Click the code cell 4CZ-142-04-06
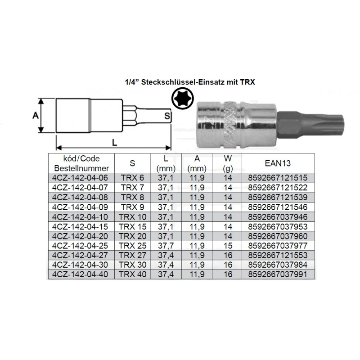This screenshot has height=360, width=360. click(80, 178)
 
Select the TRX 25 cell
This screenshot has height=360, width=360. click(132, 246)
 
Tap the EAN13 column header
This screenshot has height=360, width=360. click(278, 163)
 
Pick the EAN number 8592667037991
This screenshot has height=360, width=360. click(278, 274)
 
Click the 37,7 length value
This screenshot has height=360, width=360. click(166, 246)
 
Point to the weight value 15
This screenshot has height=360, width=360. click(228, 246)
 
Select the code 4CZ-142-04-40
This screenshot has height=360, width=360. click(80, 274)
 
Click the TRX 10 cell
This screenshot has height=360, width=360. click(132, 217)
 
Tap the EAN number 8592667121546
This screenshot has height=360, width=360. click(278, 207)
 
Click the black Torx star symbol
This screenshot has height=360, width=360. click(183, 99)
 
